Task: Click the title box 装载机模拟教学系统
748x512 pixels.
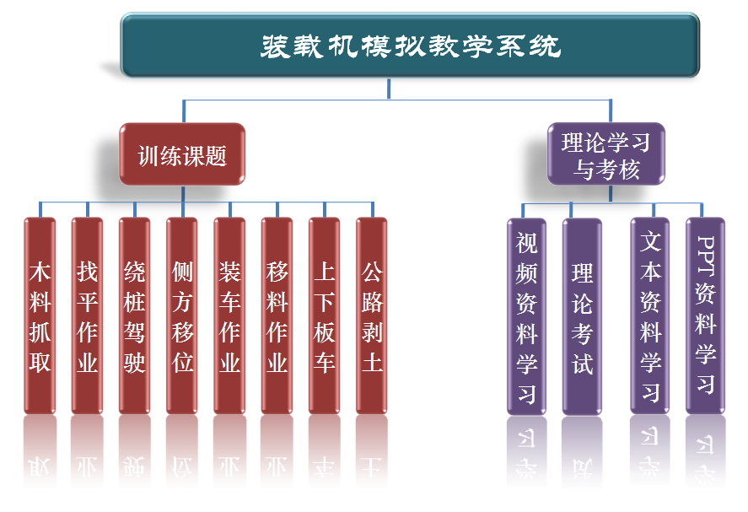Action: click(x=410, y=46)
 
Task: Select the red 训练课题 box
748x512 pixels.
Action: click(x=182, y=155)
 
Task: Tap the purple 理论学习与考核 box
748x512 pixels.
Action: click(x=606, y=154)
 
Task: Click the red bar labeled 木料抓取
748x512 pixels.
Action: click(x=40, y=316)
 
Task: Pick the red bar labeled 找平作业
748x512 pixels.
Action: click(x=87, y=316)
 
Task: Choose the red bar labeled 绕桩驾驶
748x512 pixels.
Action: click(x=134, y=316)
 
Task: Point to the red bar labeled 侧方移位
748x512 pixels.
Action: click(x=182, y=316)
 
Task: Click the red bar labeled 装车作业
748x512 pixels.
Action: click(x=229, y=316)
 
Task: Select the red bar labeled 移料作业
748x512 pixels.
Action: click(x=277, y=316)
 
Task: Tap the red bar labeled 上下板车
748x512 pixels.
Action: click(x=324, y=316)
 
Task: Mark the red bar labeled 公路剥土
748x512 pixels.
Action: click(x=372, y=316)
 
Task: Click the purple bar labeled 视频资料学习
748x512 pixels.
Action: click(x=527, y=316)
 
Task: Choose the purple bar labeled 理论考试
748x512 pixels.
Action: click(x=582, y=316)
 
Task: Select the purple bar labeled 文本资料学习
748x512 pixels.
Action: click(x=650, y=316)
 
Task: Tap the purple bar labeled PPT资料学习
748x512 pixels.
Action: click(x=706, y=316)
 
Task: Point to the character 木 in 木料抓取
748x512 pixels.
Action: click(x=40, y=272)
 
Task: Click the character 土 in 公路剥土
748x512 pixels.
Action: click(x=372, y=362)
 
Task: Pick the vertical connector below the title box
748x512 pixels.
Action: click(x=389, y=89)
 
